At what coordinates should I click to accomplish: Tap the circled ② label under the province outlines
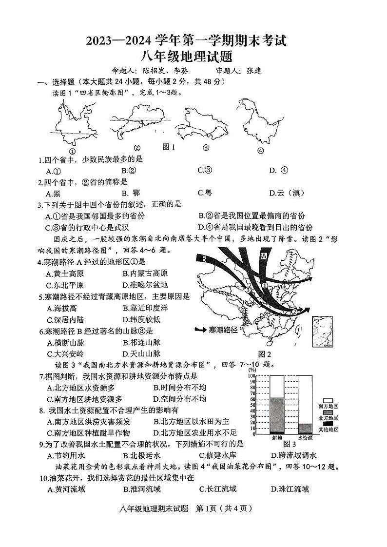(x=137, y=148)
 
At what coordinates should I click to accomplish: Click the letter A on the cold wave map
(x=264, y=255)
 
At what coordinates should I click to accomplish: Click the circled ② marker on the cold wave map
(x=294, y=312)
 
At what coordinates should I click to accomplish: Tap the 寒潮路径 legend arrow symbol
(x=201, y=330)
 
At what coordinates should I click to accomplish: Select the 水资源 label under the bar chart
(x=305, y=438)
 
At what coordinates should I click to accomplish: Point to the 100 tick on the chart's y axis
(x=252, y=376)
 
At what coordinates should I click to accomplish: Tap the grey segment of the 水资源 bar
(x=305, y=428)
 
